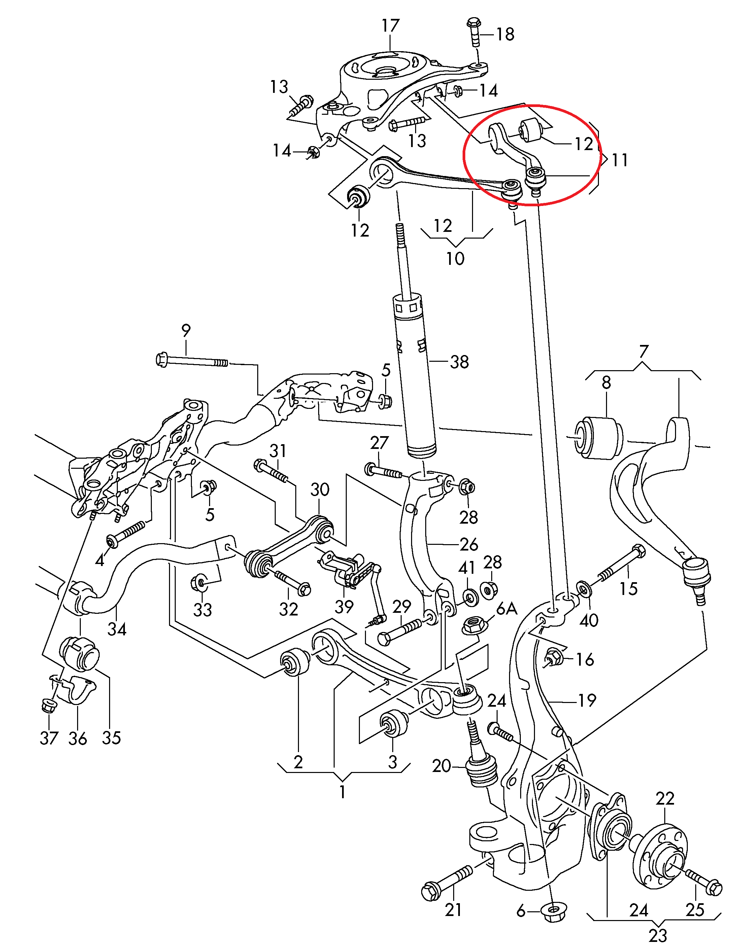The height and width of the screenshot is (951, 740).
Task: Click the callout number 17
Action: [x=390, y=26]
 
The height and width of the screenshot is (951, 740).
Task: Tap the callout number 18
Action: [x=505, y=34]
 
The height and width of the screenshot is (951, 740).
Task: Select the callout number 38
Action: [x=459, y=362]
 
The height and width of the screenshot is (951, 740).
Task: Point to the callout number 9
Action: [x=186, y=330]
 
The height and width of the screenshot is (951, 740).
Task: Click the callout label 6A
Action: [x=507, y=609]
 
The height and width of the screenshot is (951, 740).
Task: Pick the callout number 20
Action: [x=441, y=766]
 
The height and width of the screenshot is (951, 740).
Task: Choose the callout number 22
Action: [x=665, y=799]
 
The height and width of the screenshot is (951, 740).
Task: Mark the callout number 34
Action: [x=117, y=629]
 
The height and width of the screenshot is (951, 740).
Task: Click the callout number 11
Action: [x=620, y=160]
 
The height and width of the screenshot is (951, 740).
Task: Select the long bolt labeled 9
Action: [x=192, y=360]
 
